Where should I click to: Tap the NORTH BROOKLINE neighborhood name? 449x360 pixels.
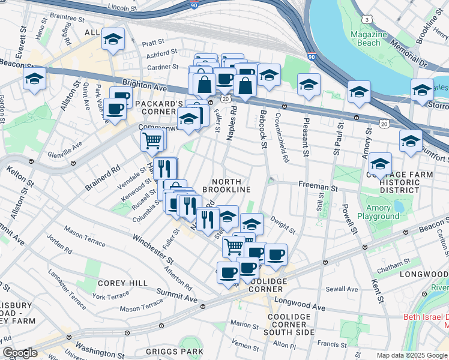pos(226,185)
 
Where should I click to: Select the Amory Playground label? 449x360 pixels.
pos(378,212)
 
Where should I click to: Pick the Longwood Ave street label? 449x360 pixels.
pos(300,305)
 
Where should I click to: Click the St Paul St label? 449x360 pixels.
pos(336,137)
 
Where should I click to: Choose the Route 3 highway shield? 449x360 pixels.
pos(366,20)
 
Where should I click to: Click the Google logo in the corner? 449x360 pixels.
pos(20,353)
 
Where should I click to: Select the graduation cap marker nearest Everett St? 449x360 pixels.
pos(35,79)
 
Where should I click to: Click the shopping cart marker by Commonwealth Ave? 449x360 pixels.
pos(152,141)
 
